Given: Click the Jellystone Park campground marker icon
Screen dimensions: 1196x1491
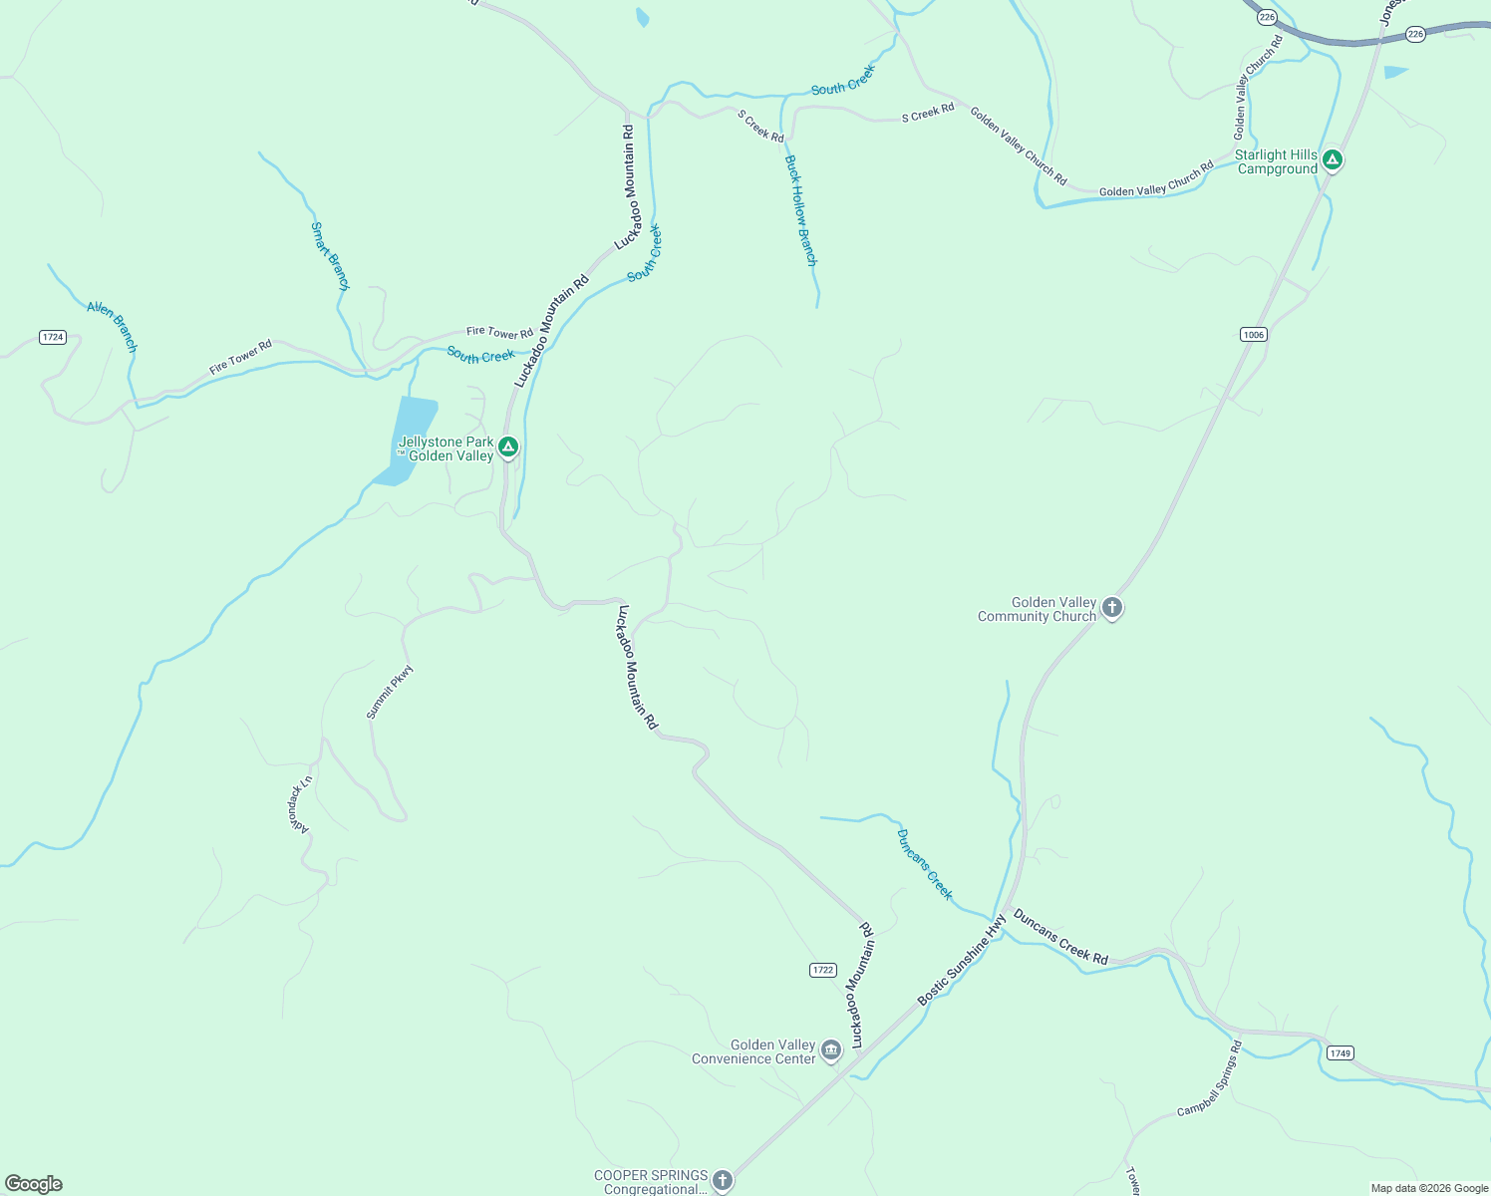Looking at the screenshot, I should click(x=508, y=447).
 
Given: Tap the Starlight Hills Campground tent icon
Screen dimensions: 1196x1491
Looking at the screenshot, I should click(x=1333, y=159).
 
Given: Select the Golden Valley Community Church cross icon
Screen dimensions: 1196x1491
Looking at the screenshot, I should click(x=1112, y=607).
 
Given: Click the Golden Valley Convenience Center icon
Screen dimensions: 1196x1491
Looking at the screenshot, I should click(x=830, y=1049).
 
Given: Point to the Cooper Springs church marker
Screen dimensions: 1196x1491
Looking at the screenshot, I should click(x=723, y=1180).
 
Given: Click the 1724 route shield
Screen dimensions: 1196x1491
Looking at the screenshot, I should click(x=53, y=337).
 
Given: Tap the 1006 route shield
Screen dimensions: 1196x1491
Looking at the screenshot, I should click(x=1254, y=334).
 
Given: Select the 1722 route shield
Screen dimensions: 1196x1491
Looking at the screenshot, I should click(x=822, y=970).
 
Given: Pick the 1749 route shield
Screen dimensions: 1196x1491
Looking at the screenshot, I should click(x=1341, y=1053).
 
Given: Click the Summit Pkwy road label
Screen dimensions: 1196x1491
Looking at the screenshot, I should click(x=389, y=693).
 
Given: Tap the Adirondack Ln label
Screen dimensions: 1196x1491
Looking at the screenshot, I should click(x=301, y=804).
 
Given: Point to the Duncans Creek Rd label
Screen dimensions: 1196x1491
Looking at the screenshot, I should click(x=1060, y=937).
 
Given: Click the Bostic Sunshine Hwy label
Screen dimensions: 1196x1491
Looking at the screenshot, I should click(x=962, y=959).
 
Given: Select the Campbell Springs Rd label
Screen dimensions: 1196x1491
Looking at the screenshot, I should click(x=1210, y=1078).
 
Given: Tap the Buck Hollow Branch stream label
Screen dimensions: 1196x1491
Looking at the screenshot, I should click(x=800, y=210).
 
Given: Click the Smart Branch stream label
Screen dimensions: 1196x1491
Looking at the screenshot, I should click(x=330, y=256).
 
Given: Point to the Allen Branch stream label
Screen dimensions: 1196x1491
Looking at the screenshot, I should click(x=112, y=326).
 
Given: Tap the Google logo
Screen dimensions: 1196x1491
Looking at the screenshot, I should click(x=33, y=1184).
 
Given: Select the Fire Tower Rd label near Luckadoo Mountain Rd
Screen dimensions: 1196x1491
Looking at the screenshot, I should click(x=499, y=332).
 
